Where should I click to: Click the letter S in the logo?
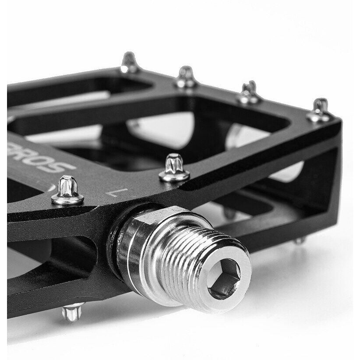[x=64, y=167]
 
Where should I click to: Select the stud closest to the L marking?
[x=174, y=168]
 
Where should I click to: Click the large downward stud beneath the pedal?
[x=72, y=311]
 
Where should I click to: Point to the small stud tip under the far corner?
[x=300, y=240]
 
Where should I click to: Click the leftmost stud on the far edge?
[x=130, y=63]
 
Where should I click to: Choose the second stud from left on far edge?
[x=186, y=77]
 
